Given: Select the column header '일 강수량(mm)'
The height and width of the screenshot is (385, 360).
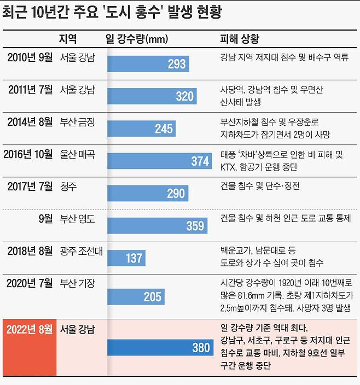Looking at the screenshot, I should (136, 39).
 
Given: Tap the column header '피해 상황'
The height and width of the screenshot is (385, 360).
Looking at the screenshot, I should (239, 39).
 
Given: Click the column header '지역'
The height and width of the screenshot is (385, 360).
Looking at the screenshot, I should (68, 39).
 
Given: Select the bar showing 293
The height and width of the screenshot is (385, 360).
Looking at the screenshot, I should (148, 63).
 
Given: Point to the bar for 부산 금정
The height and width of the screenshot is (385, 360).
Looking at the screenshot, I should (141, 128).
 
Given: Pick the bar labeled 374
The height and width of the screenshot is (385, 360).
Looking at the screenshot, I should (159, 160).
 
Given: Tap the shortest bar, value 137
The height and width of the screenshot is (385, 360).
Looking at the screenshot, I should (126, 258).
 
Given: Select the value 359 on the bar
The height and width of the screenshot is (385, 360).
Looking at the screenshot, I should (195, 225).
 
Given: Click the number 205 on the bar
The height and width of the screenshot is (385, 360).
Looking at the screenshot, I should (153, 296).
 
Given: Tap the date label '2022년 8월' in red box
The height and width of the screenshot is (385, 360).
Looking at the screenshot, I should (29, 330).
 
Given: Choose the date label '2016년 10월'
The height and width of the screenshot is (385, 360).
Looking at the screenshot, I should (28, 154).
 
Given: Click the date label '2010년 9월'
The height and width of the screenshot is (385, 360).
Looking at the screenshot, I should (30, 57).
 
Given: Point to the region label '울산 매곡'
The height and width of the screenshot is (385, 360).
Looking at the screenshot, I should (77, 154).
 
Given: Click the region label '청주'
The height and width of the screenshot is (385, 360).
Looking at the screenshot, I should (68, 186).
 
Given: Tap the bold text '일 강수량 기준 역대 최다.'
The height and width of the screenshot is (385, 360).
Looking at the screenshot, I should (264, 329).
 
